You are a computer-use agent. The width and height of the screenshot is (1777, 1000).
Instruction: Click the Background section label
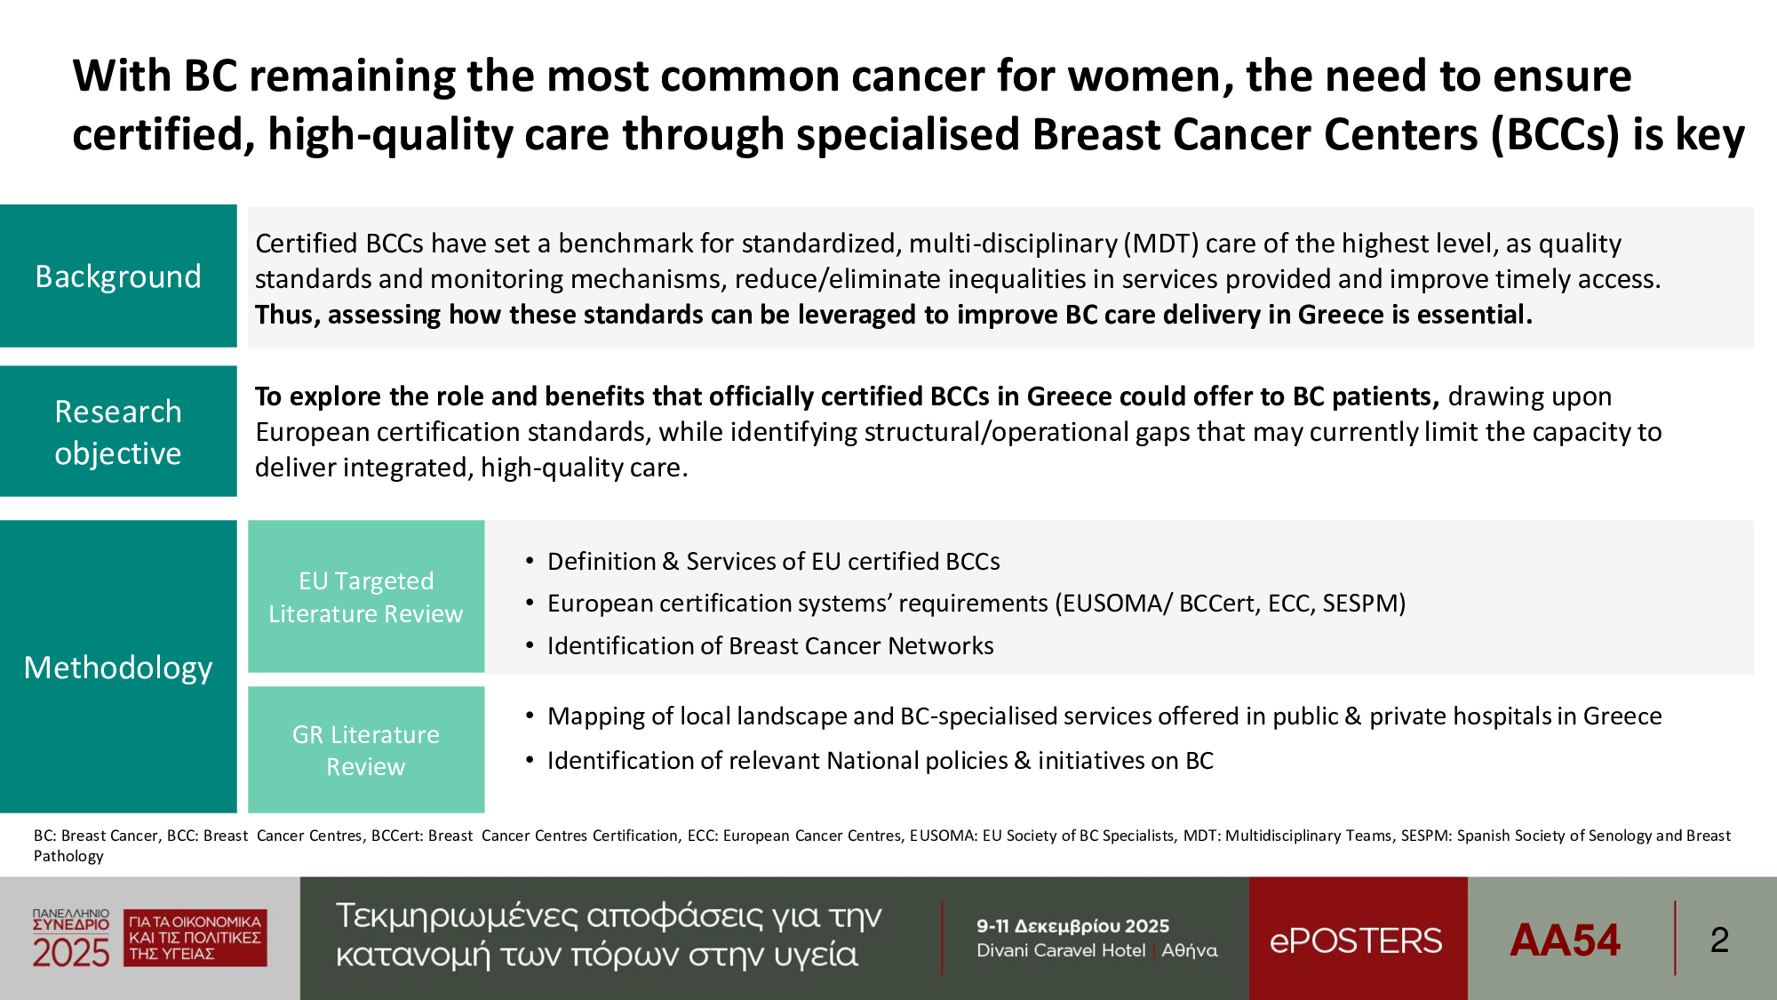[x=118, y=276]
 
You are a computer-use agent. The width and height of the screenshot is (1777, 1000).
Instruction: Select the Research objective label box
[x=118, y=432]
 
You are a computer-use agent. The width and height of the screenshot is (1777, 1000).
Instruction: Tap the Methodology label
[x=118, y=667]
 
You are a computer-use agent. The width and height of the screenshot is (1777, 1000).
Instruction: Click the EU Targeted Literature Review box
[x=366, y=596]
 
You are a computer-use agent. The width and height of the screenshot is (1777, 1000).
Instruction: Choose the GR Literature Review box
[x=366, y=750]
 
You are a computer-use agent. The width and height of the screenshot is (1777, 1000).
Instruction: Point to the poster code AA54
[x=1565, y=940]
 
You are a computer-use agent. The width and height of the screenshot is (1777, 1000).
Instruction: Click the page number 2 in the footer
[x=1719, y=940]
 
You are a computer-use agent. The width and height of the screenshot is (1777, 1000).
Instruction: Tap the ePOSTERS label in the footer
[x=1356, y=940]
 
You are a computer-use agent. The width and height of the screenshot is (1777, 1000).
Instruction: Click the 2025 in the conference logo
[x=71, y=953]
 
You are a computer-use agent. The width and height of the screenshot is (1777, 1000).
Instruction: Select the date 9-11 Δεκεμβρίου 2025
[x=1072, y=926]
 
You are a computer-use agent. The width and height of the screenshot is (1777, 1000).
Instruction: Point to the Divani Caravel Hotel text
[x=1061, y=950]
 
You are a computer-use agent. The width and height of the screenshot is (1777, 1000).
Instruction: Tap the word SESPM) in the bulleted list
[x=1364, y=604]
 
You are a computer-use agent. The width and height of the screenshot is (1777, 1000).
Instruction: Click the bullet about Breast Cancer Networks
[x=760, y=646]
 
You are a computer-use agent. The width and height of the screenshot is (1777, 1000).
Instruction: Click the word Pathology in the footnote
[x=68, y=856]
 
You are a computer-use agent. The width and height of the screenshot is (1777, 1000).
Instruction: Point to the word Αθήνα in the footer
[x=1190, y=950]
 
